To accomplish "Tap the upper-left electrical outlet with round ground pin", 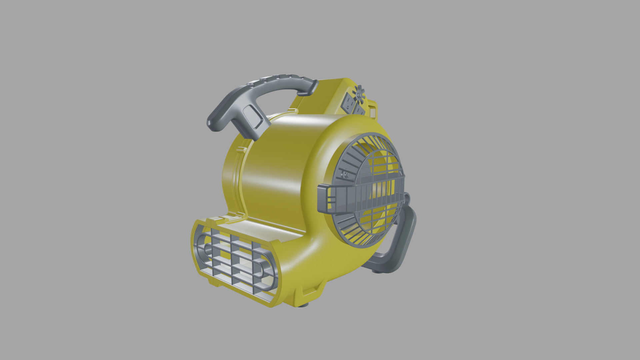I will pos(348,103).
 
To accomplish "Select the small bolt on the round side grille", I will pos(345,174).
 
